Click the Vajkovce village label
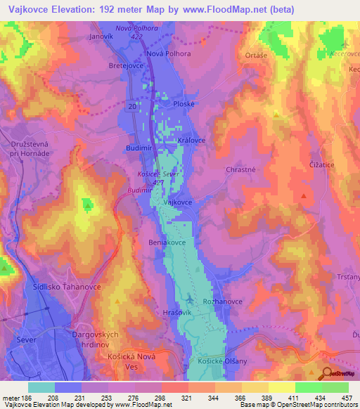click(x=178, y=202)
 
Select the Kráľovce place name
click(x=191, y=141)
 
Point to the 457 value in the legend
click(x=337, y=398)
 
